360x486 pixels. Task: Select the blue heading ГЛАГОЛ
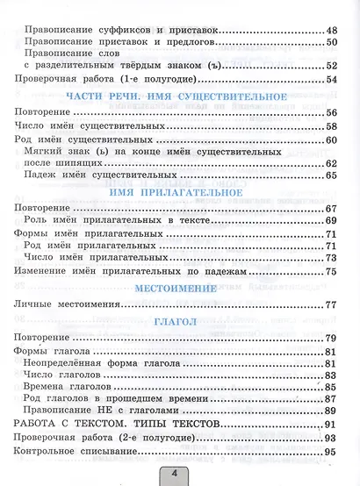tap(179, 321)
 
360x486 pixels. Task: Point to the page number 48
tap(331, 31)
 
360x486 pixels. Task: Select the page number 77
tap(331, 304)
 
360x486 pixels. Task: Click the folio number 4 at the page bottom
tap(180, 475)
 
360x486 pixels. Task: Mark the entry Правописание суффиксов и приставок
tap(119, 31)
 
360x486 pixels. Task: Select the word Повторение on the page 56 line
tap(44, 113)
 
